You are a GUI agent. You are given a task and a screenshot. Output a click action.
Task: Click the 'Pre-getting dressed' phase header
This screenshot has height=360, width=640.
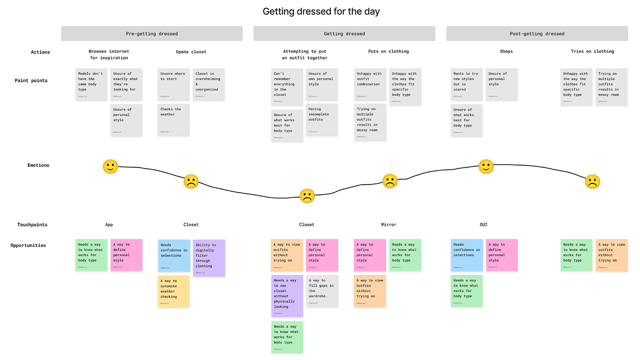151,34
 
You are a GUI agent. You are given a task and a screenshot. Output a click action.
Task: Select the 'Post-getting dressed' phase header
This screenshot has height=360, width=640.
537,34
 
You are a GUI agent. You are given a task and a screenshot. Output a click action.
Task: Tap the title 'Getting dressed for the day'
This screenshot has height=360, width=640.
321,12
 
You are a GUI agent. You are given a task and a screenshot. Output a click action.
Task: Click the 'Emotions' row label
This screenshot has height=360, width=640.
38,165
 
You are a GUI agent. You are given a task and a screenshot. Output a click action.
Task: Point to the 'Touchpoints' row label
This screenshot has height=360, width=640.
32,225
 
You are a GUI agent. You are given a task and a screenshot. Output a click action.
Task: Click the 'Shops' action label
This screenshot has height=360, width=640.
506,52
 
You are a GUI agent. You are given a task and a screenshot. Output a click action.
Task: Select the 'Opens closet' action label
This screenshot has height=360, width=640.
191,52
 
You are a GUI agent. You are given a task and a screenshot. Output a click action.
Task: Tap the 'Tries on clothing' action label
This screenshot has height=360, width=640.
592,52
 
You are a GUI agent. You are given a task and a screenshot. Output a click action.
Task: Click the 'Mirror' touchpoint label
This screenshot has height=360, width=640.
388,225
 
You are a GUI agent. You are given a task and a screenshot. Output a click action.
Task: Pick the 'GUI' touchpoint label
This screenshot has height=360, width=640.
483,225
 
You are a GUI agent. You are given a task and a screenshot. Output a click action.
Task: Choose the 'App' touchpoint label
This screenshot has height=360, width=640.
109,225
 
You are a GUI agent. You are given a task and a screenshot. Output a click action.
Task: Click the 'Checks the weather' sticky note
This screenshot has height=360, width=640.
173,120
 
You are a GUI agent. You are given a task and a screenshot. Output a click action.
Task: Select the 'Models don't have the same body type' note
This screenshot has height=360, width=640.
91,84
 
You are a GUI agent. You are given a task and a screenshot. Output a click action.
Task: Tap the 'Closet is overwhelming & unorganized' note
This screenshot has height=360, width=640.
209,84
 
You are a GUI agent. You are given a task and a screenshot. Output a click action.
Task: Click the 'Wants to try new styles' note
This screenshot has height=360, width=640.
467,84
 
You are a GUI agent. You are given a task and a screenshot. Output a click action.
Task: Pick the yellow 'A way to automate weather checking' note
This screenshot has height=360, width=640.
173,291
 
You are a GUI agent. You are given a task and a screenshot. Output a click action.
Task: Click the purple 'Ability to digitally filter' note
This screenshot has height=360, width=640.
209,258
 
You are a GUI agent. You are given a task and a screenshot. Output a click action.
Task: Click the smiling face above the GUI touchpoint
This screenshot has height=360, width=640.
486,166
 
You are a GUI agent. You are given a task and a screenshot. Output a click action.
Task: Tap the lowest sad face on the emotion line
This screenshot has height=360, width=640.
307,196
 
